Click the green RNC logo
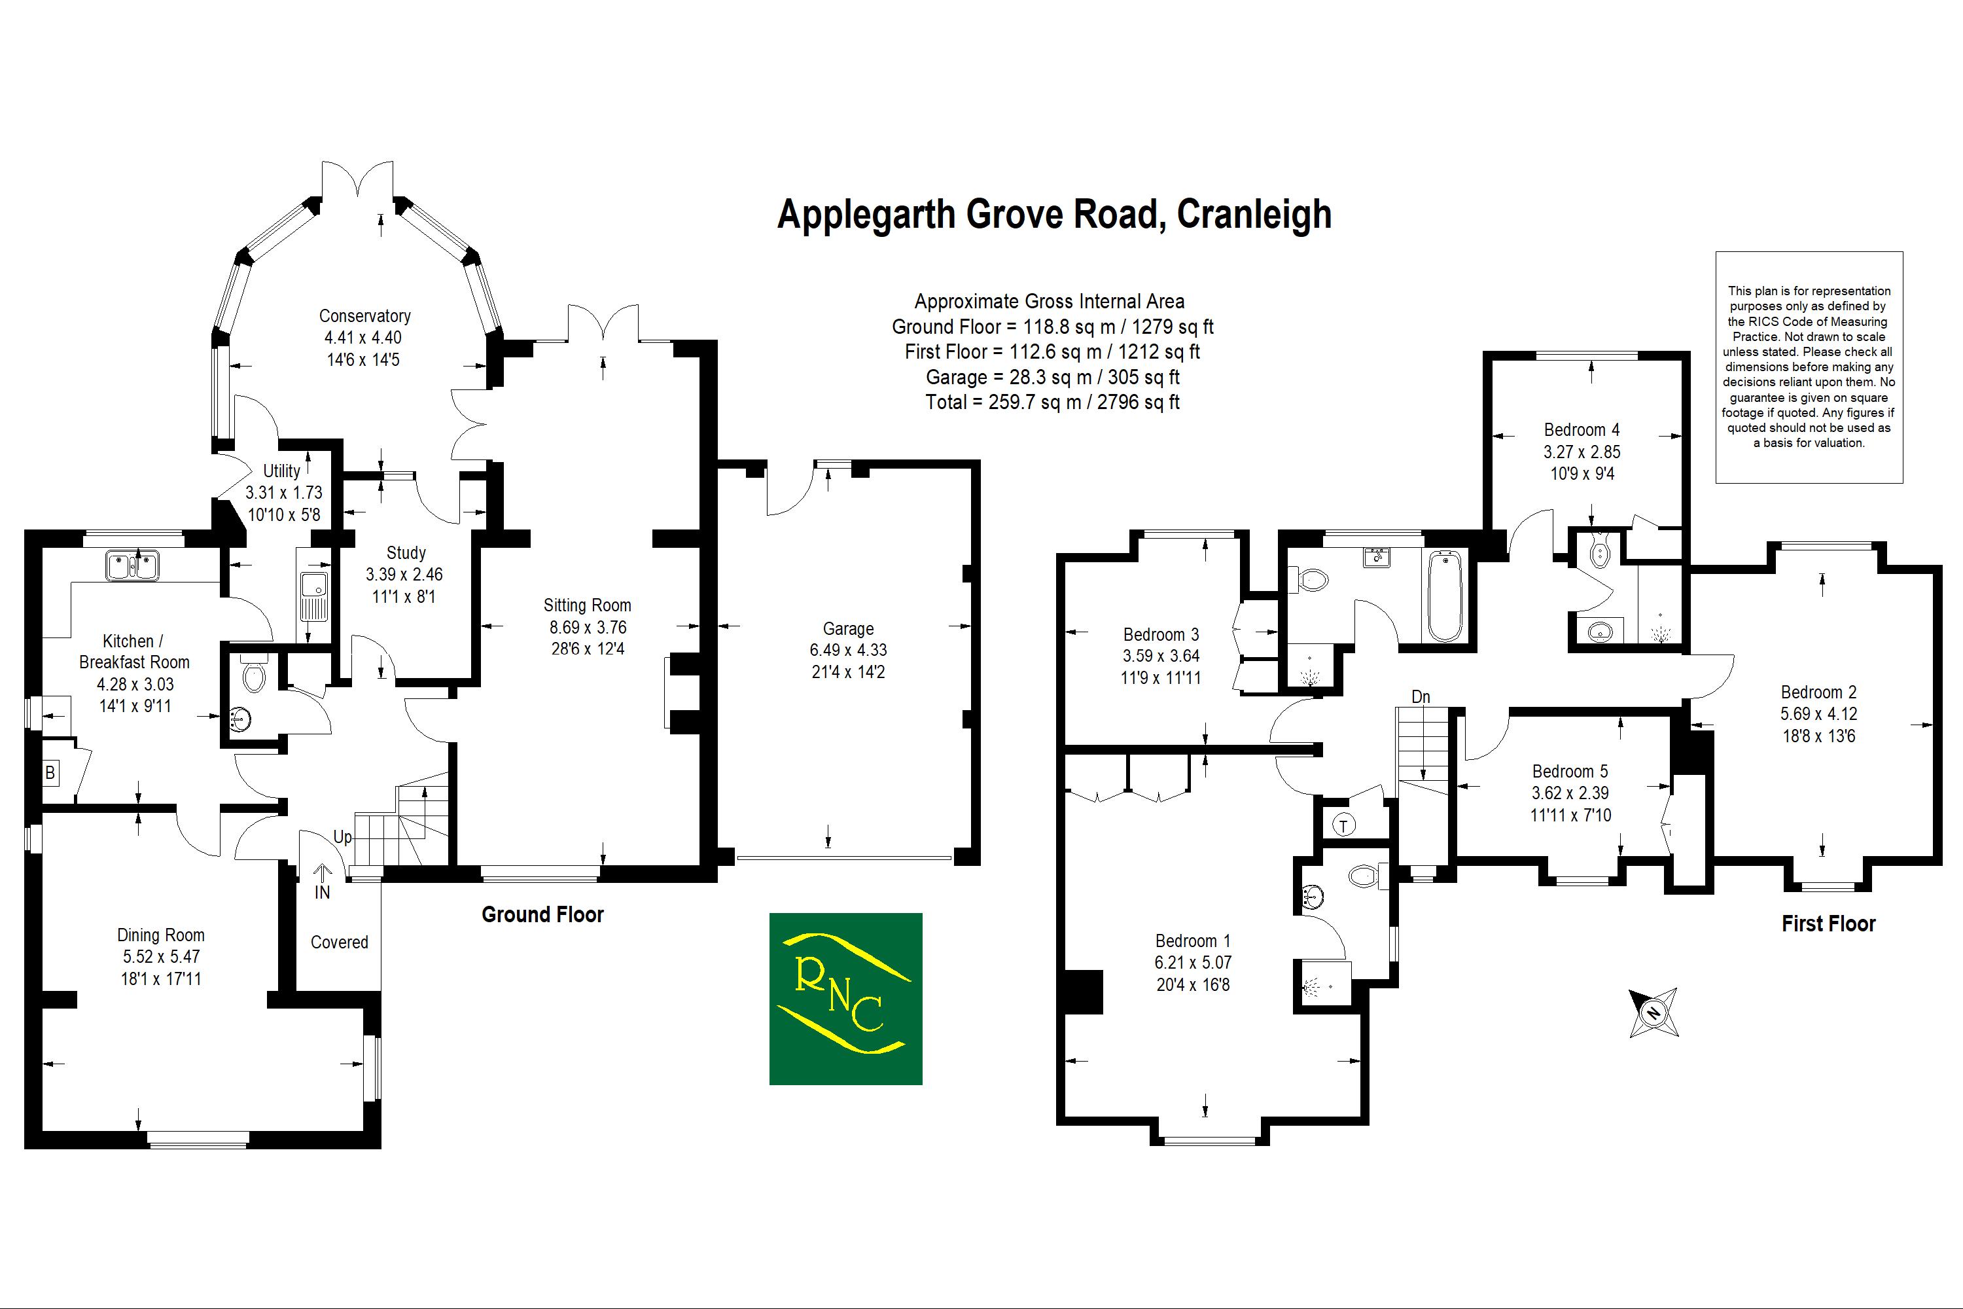[x=845, y=999]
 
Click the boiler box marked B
[x=50, y=773]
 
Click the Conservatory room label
[x=364, y=316]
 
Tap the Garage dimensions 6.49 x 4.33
[x=848, y=649]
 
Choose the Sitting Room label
[x=587, y=605]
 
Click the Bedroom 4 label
[x=1582, y=430]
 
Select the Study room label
[x=406, y=552]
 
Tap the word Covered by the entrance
[x=339, y=942]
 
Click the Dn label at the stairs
[x=1421, y=697]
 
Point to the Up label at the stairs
[x=342, y=837]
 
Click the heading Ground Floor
[x=542, y=915]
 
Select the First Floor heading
[x=1828, y=924]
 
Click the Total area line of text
[x=1052, y=403]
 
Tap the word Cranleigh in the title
[x=1254, y=215]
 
